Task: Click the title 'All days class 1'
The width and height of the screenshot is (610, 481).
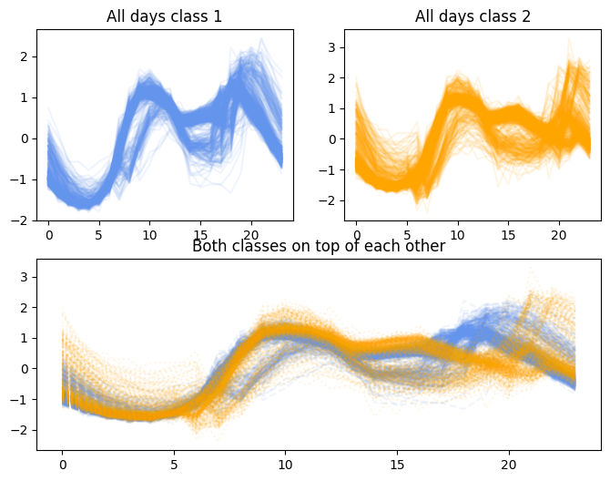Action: pyautogui.click(x=164, y=16)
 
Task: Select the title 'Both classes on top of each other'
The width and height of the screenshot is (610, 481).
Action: pyautogui.click(x=319, y=246)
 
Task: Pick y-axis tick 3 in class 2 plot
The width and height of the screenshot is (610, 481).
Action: pyautogui.click(x=334, y=46)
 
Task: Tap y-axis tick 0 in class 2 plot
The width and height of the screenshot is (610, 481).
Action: pyautogui.click(x=334, y=138)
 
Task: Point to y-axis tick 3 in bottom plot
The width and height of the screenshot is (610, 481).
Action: pyautogui.click(x=26, y=276)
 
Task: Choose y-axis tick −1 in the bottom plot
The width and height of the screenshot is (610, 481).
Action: pyautogui.click(x=23, y=399)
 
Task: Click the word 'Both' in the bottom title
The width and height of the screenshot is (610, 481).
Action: pyautogui.click(x=208, y=246)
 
